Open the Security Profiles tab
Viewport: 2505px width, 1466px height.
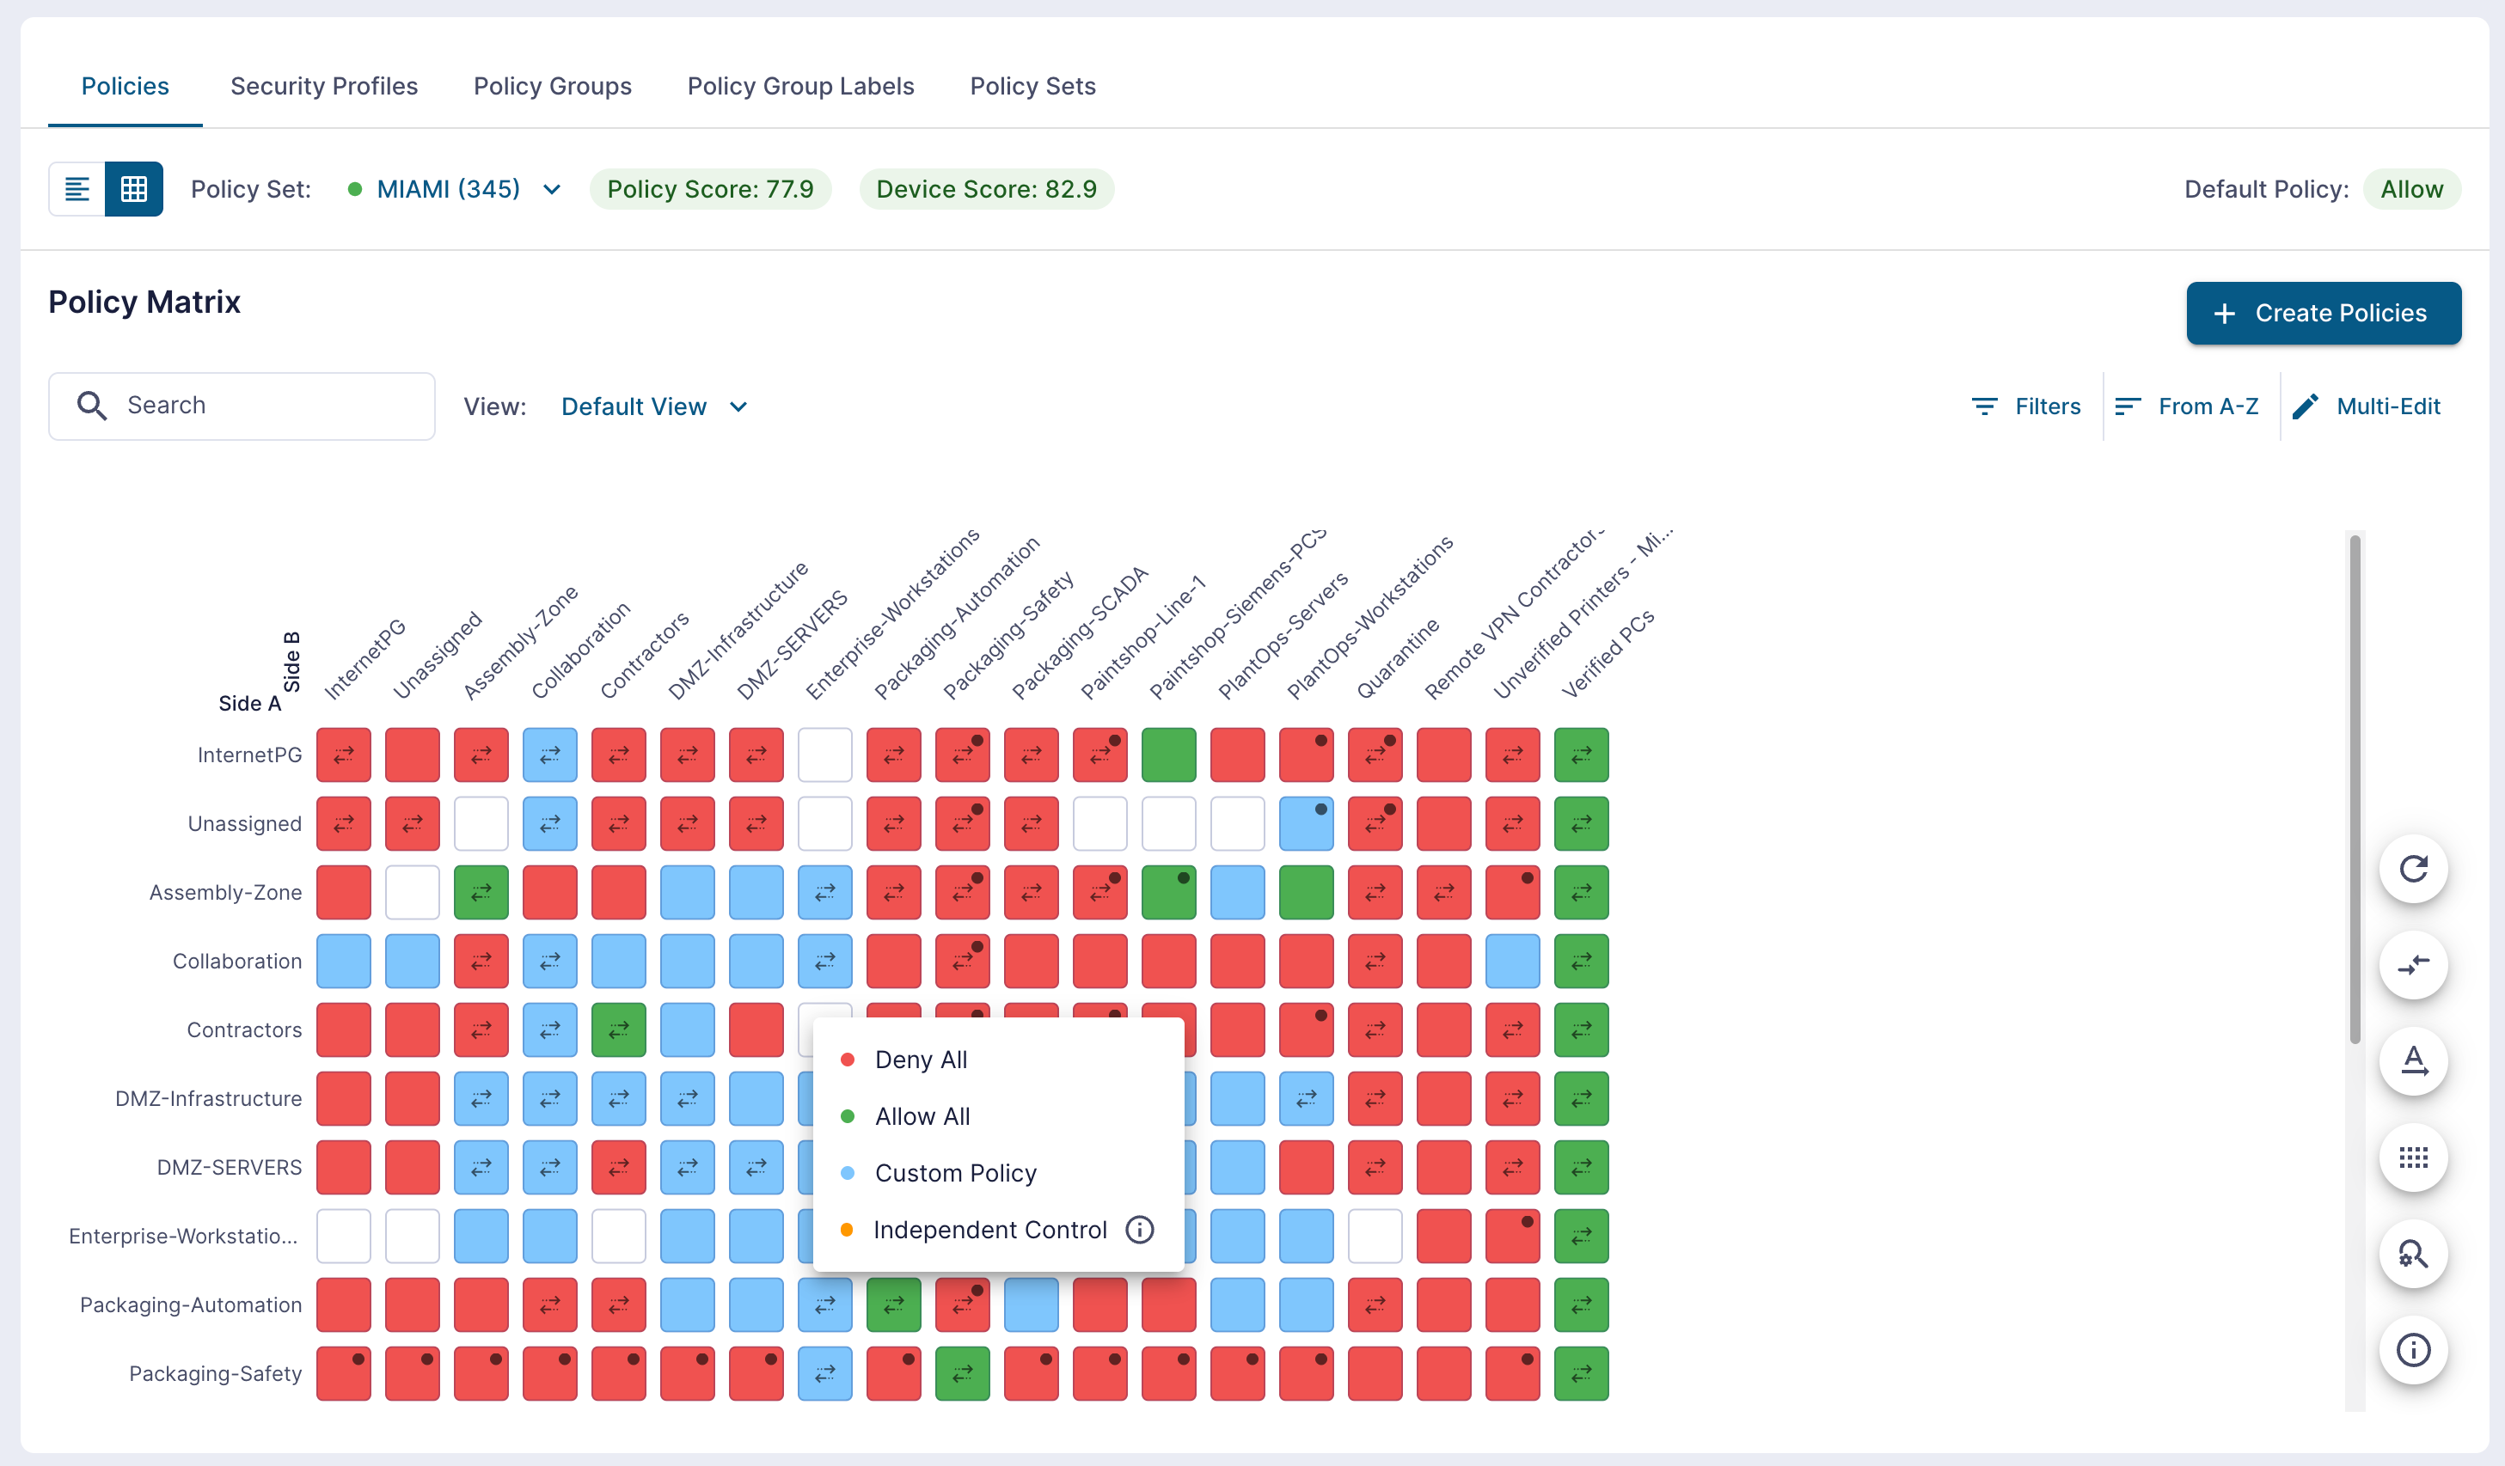point(324,87)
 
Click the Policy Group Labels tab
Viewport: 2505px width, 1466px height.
point(800,87)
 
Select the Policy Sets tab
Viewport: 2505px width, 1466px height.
point(1032,87)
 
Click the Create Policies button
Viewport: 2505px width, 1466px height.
point(2323,313)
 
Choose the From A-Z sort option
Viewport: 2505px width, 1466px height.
point(2186,406)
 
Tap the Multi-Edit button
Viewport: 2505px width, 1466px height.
point(2366,406)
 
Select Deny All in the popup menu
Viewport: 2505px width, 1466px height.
point(921,1060)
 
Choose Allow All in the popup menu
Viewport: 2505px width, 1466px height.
point(922,1116)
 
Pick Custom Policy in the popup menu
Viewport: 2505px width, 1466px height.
point(955,1173)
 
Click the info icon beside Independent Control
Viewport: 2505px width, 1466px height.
point(1139,1230)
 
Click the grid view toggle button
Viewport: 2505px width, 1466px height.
point(134,189)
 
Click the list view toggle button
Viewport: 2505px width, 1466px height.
point(77,189)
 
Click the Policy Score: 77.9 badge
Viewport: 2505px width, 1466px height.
point(710,189)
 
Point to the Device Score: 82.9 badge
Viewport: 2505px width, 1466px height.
point(986,189)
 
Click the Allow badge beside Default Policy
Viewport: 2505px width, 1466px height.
point(2411,189)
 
